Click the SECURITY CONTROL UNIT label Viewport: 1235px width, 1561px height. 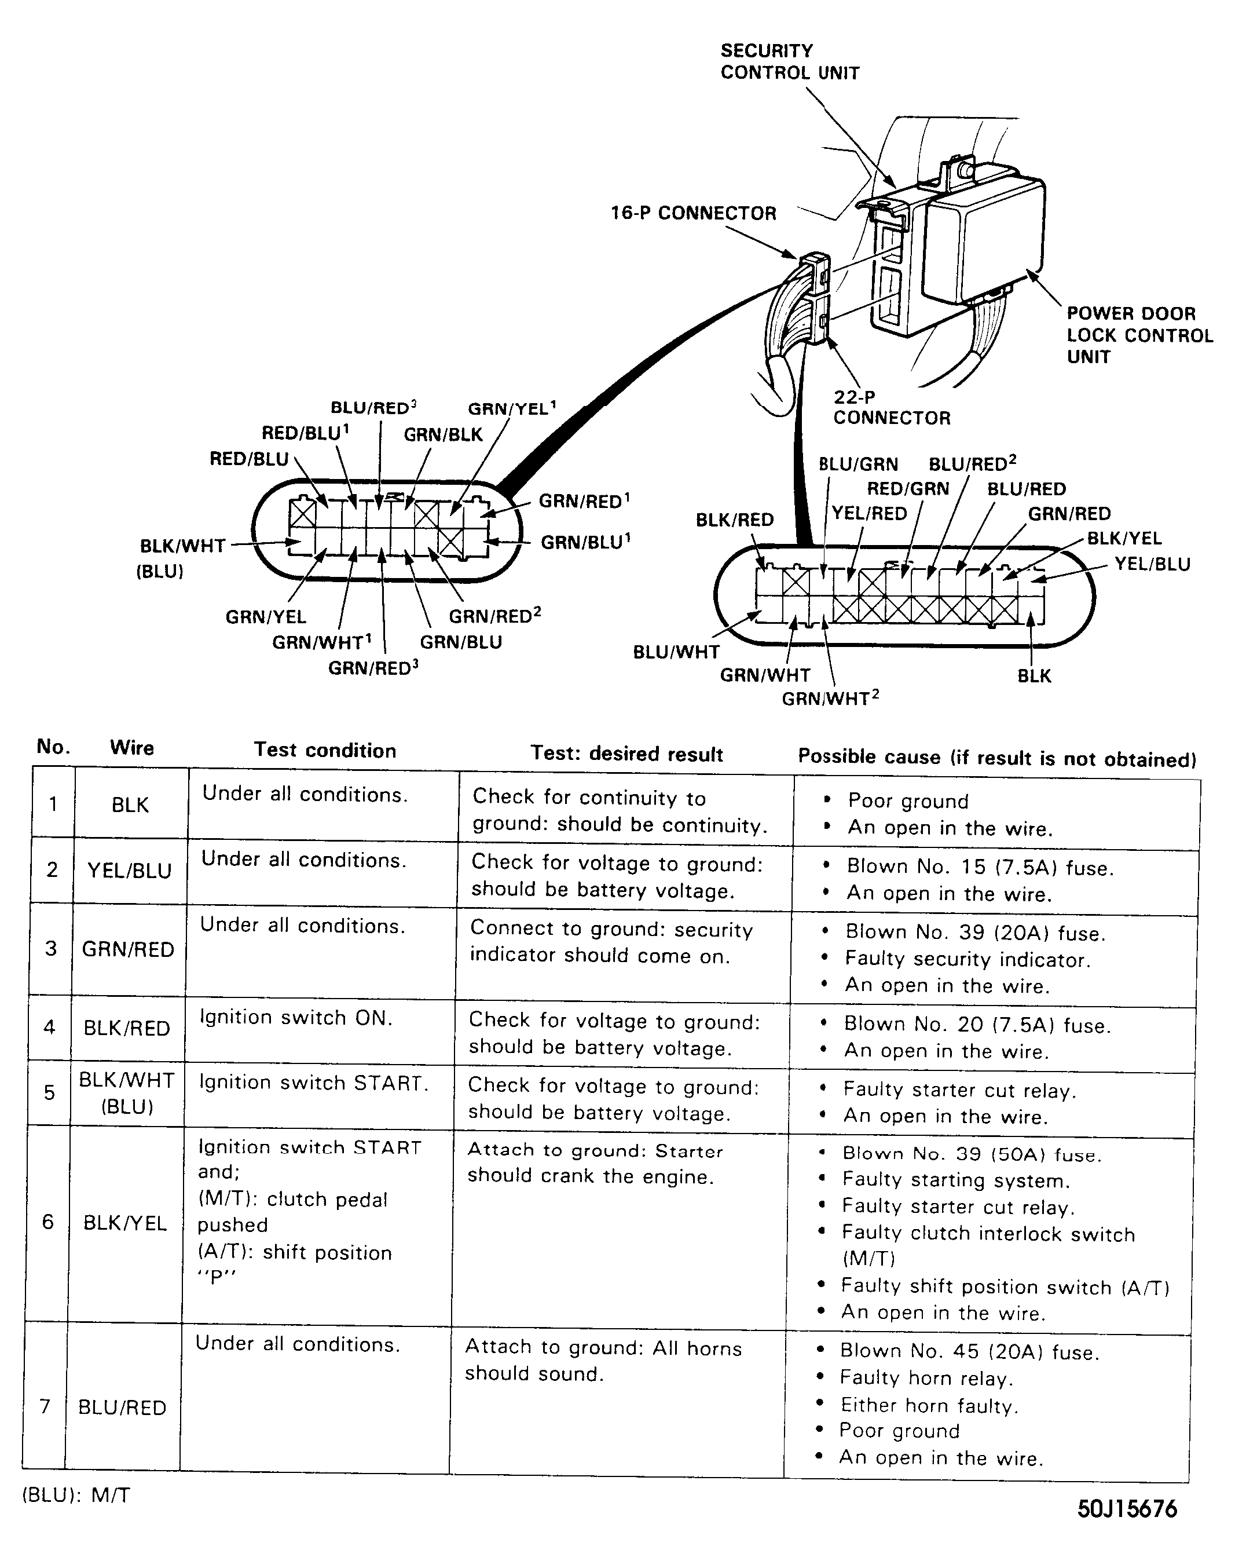click(790, 61)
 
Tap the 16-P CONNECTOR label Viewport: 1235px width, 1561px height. click(692, 213)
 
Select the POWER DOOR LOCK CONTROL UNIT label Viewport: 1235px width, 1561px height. click(1139, 335)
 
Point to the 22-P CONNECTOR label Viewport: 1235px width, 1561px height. click(891, 407)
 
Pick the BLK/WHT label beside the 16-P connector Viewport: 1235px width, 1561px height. click(182, 546)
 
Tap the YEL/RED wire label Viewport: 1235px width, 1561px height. click(868, 514)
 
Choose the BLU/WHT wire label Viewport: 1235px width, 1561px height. click(676, 652)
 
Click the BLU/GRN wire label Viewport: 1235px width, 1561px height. click(858, 465)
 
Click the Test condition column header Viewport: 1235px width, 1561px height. click(325, 750)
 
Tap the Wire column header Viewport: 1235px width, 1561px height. click(131, 747)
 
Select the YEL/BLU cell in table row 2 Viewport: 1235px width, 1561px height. click(130, 870)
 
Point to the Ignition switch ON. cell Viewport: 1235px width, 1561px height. click(296, 1018)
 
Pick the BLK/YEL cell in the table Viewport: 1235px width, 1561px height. click(125, 1223)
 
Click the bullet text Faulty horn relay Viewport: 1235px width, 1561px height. click(926, 1378)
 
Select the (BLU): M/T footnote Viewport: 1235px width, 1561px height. click(76, 1495)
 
